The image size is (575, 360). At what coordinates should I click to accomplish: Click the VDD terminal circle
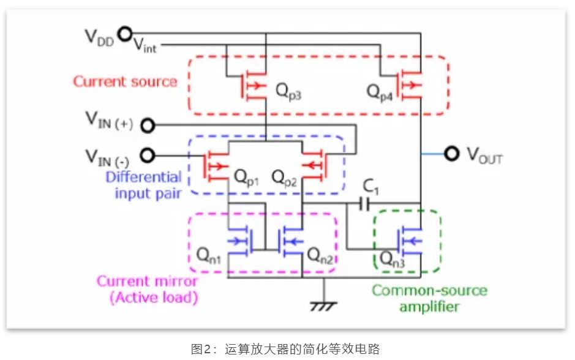(125, 34)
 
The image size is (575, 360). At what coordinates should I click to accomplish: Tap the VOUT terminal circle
(451, 153)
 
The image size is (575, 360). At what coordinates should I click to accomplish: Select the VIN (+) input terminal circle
(148, 126)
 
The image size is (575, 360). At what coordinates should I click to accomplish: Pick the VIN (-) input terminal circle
(148, 156)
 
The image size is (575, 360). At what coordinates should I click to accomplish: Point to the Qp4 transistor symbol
(409, 85)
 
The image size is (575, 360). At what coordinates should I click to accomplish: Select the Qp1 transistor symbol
(216, 166)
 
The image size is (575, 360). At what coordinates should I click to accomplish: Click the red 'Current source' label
(125, 81)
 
